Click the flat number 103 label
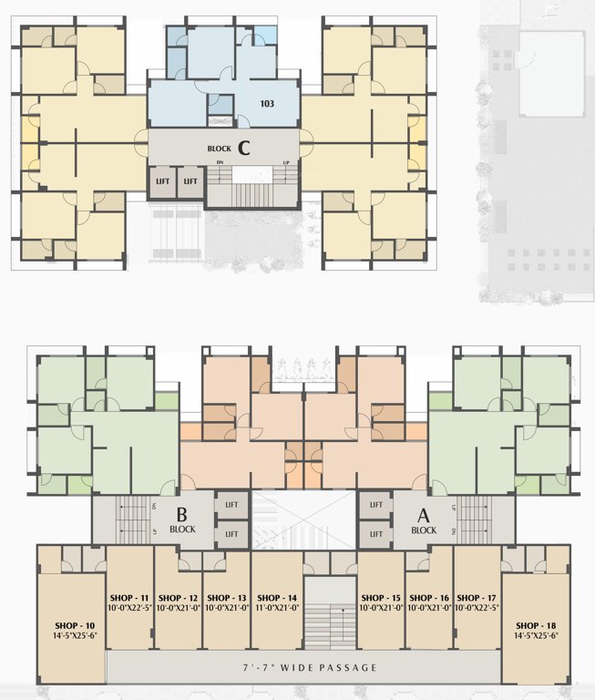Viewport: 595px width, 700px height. (x=266, y=104)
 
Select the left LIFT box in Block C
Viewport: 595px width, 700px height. (x=163, y=181)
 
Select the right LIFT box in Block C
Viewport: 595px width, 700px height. (x=190, y=181)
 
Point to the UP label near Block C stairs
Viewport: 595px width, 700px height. (x=286, y=162)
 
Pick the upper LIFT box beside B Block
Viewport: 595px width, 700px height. (x=231, y=504)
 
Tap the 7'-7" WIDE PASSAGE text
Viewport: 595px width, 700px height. (x=303, y=668)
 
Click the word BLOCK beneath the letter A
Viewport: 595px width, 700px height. (x=424, y=530)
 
